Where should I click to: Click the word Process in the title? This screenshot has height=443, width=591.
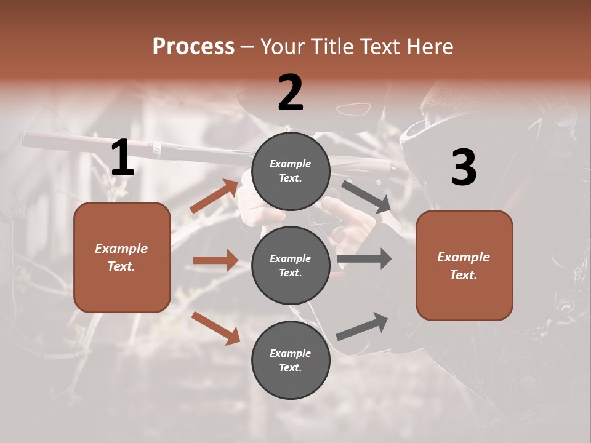(193, 47)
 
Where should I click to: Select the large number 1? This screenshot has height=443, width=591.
(123, 158)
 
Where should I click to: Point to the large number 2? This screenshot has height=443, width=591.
(291, 93)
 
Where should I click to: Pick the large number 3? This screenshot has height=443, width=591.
(464, 167)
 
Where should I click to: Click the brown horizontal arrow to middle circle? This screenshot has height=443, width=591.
(215, 260)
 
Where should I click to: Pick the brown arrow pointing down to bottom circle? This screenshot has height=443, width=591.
(215, 327)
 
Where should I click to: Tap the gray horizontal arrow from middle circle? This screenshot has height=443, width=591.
(364, 258)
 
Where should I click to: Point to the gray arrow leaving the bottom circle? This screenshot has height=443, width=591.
(363, 326)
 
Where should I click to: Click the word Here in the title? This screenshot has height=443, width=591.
(430, 47)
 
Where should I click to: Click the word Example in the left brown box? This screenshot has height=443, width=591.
(121, 249)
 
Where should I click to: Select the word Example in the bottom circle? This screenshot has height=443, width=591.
(290, 353)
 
